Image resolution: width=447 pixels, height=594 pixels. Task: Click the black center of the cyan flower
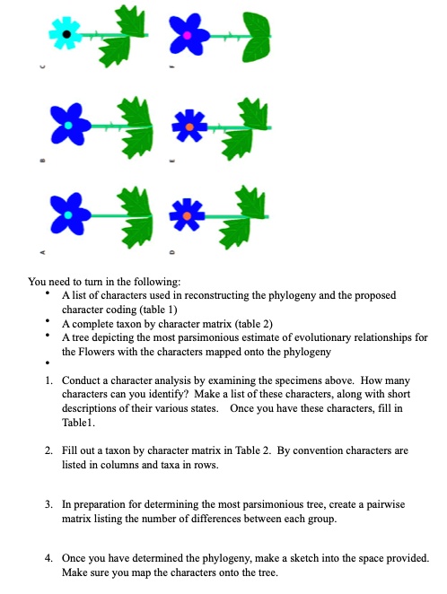tap(66, 34)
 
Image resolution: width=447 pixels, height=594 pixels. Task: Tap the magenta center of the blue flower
tap(187, 34)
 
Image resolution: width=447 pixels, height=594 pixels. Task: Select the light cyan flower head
tap(66, 34)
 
